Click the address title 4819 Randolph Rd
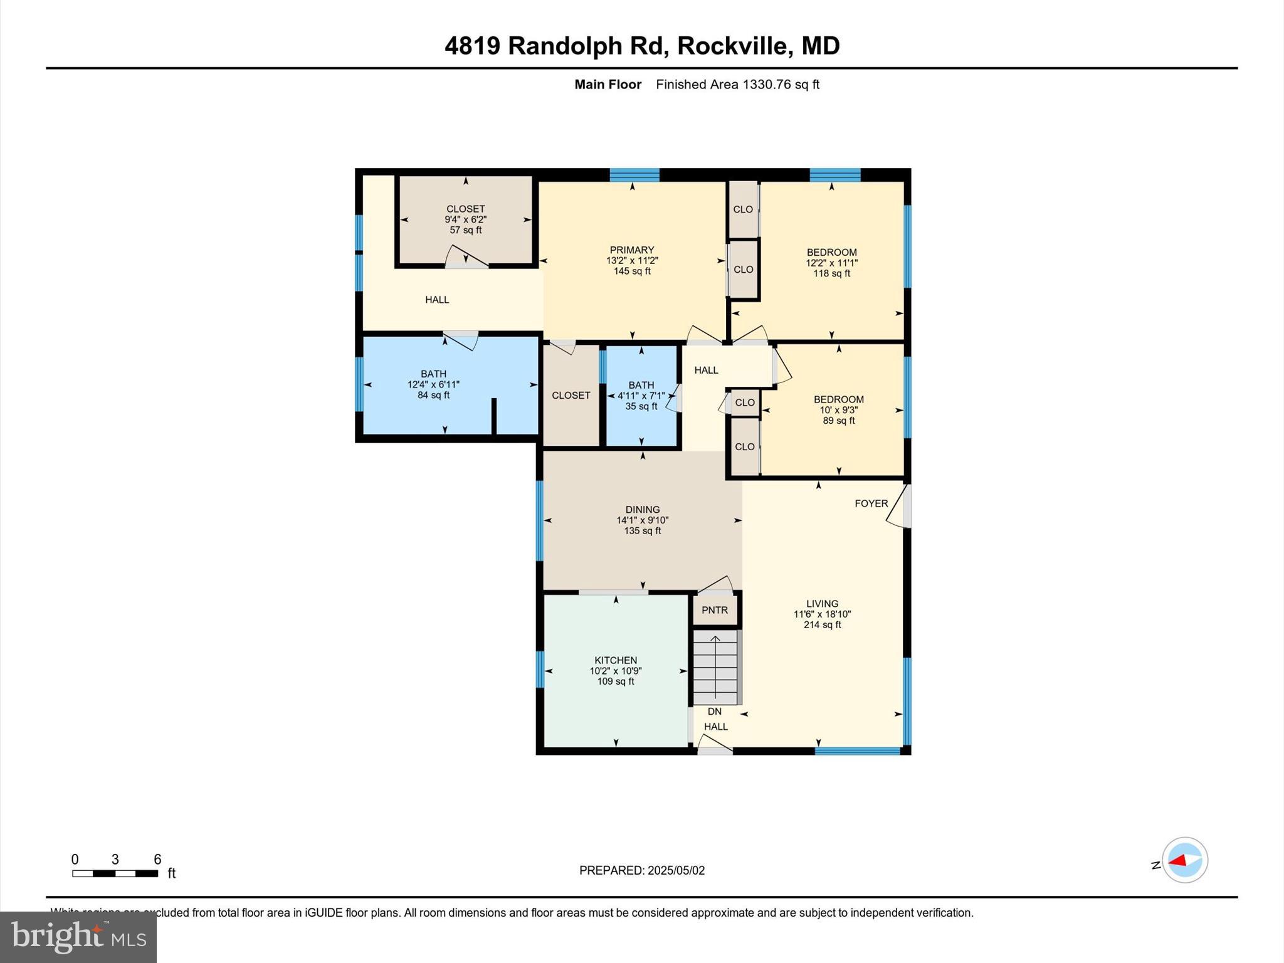641,46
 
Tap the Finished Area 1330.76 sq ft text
737,85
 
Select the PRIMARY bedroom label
632,250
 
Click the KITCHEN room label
616,660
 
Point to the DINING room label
642,510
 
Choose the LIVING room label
822,604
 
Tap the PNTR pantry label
715,610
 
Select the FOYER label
871,503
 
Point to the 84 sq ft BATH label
433,384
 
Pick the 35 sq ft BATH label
641,396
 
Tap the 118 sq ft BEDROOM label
831,263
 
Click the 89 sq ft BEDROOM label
838,409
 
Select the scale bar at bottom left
115,873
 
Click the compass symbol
1184,860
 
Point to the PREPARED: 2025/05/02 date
641,870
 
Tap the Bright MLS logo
78,937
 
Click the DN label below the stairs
715,712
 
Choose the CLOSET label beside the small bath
571,396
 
